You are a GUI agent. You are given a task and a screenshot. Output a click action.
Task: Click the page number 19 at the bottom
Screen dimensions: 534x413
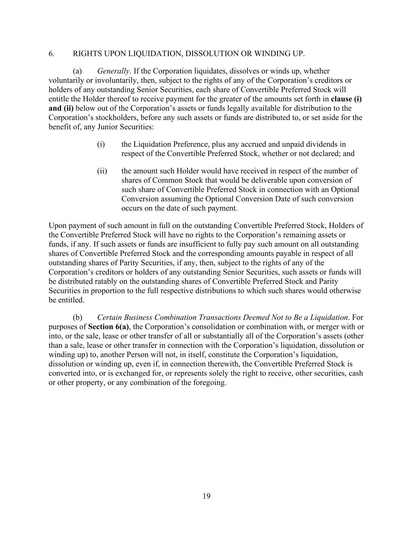(x=206, y=496)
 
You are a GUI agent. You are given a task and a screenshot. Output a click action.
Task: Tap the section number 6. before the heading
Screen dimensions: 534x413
(x=51, y=54)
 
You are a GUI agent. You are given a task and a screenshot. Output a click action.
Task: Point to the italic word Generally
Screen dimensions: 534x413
(x=113, y=71)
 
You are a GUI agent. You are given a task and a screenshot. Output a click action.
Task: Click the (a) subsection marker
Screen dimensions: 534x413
(x=77, y=71)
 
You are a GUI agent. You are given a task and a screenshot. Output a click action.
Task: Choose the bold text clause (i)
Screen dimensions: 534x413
(x=346, y=99)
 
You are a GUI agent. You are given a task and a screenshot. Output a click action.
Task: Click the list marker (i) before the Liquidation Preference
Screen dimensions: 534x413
(x=101, y=144)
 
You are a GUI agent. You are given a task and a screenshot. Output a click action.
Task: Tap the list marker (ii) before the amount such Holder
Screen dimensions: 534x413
(x=102, y=171)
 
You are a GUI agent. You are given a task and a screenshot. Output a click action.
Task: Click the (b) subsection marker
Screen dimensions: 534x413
(x=78, y=317)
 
